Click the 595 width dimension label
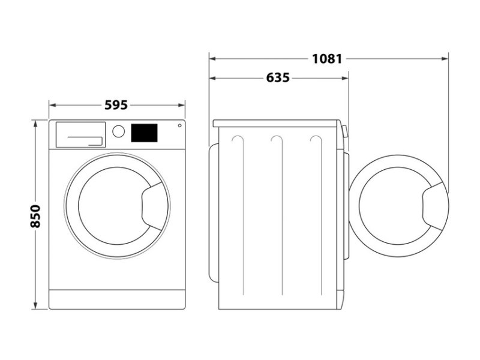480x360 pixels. pyautogui.click(x=116, y=105)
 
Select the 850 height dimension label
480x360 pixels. pyautogui.click(x=35, y=217)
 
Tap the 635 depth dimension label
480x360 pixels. pyautogui.click(x=278, y=78)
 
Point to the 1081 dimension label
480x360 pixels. pyautogui.click(x=327, y=58)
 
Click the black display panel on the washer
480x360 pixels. pyautogui.click(x=144, y=133)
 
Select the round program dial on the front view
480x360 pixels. pyautogui.click(x=118, y=131)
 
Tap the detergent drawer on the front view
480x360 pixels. pyautogui.click(x=80, y=134)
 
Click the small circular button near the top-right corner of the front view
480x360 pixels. pyautogui.click(x=179, y=125)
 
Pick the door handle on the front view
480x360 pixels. pyautogui.click(x=152, y=206)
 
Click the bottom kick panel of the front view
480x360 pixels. pyautogui.click(x=117, y=299)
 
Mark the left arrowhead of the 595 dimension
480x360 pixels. pyautogui.click(x=53, y=106)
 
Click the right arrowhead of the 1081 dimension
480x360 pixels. pyautogui.click(x=445, y=59)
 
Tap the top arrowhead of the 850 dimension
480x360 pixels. pyautogui.click(x=35, y=123)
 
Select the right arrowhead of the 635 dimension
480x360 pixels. pyautogui.click(x=345, y=79)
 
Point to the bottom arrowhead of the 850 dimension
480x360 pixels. pyautogui.click(x=35, y=305)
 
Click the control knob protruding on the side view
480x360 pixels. pyautogui.click(x=346, y=131)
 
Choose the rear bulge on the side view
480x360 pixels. pyautogui.click(x=214, y=212)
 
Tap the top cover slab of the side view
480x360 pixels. pyautogui.click(x=276, y=124)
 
